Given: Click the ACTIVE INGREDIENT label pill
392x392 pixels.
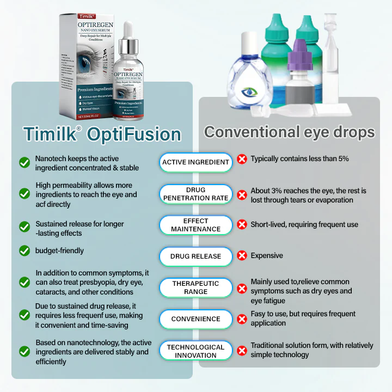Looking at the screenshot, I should (x=196, y=162).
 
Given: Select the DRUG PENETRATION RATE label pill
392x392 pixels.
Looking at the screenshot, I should (x=196, y=194).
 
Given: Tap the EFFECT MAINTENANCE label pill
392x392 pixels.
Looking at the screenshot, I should (x=196, y=225).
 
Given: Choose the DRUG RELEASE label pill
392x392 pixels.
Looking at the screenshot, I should (x=196, y=256).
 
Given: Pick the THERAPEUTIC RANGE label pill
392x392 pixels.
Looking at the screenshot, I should (x=196, y=287).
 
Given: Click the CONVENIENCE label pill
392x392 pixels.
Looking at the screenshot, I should (x=196, y=319).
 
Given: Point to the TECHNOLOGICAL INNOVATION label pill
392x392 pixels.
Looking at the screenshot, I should (x=196, y=351).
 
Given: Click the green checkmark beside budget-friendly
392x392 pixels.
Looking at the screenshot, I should (x=24, y=251).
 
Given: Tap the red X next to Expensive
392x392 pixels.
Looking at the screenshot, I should (x=242, y=255).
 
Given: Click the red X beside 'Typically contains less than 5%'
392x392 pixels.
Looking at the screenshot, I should (x=242, y=159).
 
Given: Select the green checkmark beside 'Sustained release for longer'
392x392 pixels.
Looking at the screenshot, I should (x=24, y=226).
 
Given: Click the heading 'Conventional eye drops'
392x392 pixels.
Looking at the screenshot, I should (x=289, y=132).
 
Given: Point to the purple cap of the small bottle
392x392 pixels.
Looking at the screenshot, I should (x=300, y=52).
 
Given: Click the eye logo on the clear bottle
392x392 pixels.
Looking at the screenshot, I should (x=251, y=92).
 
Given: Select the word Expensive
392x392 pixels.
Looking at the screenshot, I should (x=267, y=255).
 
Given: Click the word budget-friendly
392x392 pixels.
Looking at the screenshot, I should (x=60, y=251).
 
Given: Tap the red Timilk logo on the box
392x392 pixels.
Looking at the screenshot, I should (x=73, y=17).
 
